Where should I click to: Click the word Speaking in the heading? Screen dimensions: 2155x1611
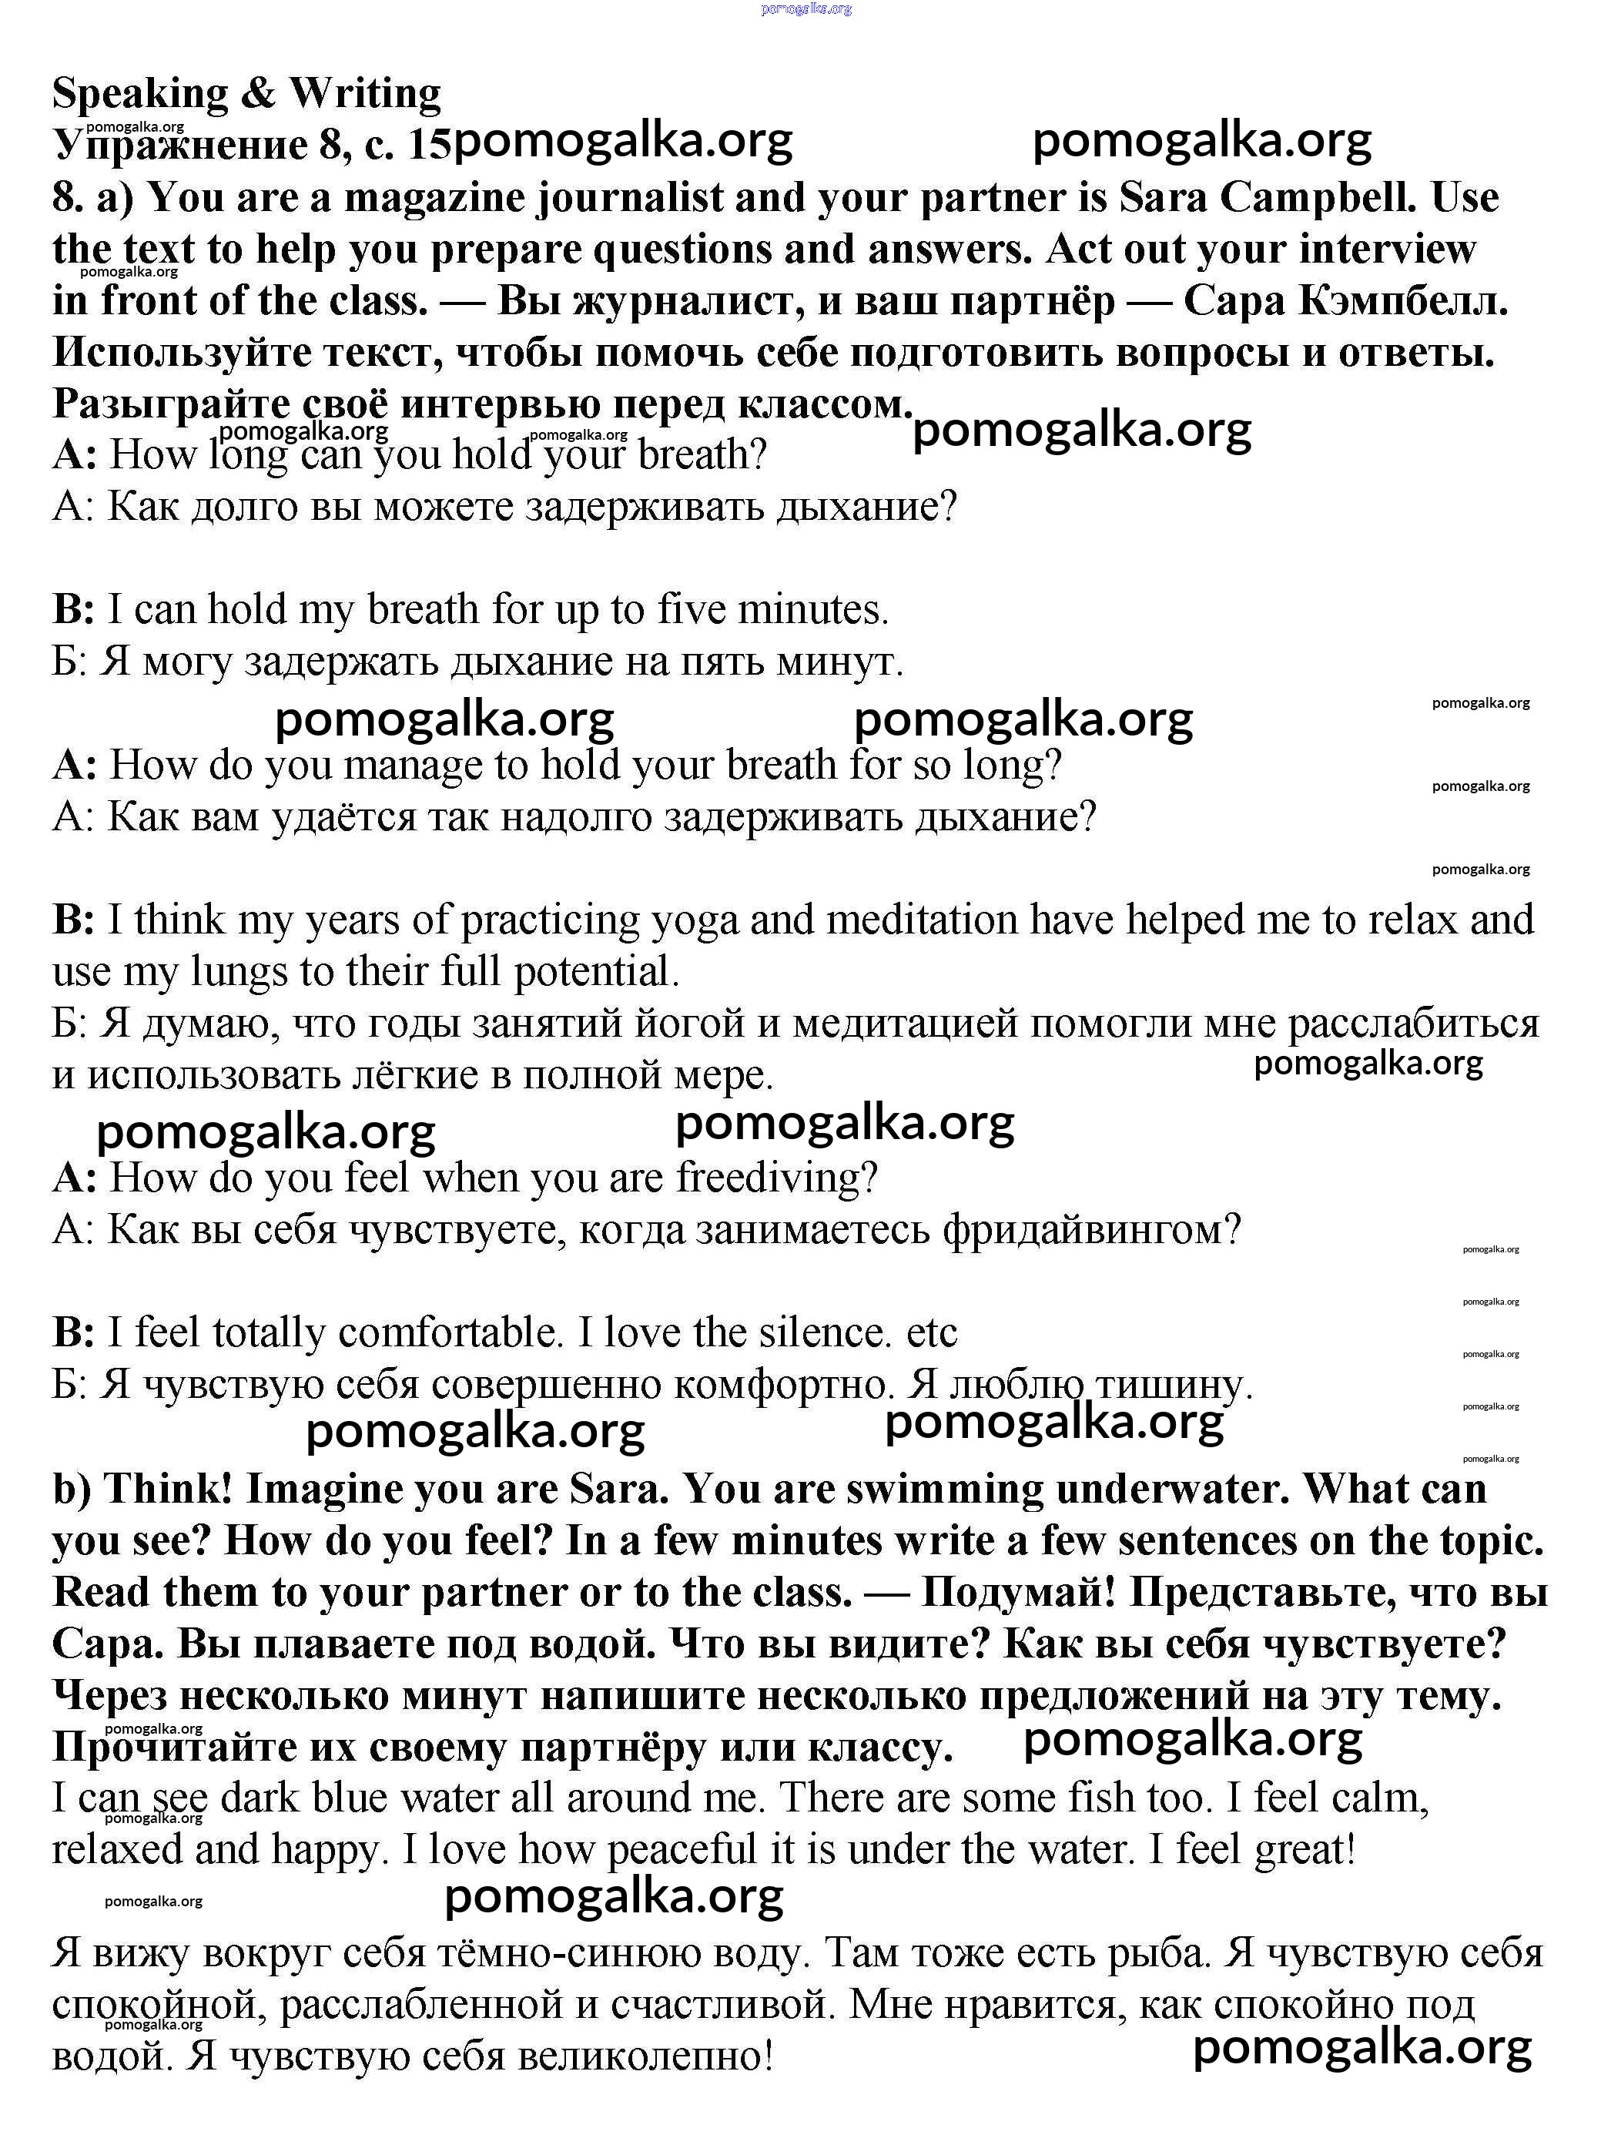(x=139, y=95)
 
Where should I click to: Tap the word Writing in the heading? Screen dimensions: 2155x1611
(x=365, y=95)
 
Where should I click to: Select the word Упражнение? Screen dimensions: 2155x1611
(x=180, y=146)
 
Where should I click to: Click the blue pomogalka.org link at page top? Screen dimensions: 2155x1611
(x=805, y=8)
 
